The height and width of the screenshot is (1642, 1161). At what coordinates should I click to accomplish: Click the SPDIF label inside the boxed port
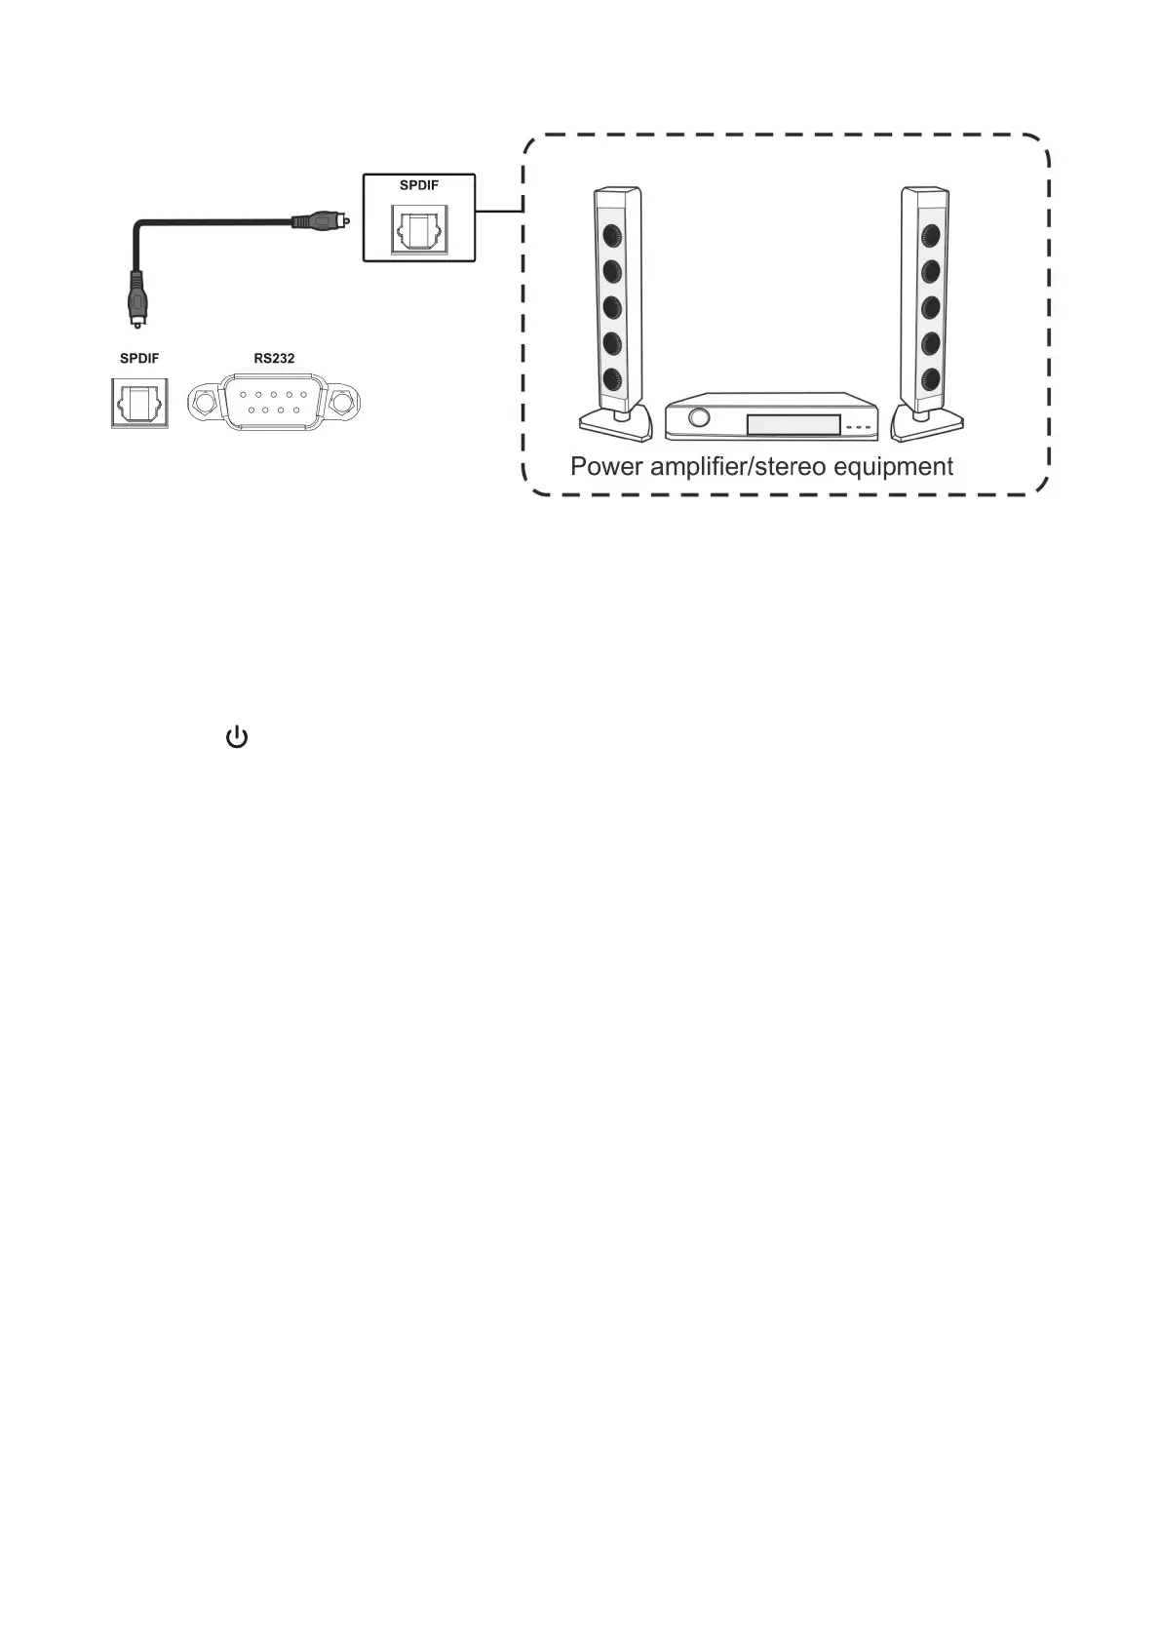point(419,185)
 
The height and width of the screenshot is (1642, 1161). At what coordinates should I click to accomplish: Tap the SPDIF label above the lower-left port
point(139,359)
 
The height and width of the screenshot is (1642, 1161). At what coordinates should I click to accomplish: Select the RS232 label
point(274,359)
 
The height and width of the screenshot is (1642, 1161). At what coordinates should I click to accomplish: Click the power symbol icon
point(237,737)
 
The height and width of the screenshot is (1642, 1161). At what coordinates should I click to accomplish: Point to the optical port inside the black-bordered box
point(419,230)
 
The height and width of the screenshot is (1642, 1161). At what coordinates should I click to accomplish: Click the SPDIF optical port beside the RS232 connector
point(139,403)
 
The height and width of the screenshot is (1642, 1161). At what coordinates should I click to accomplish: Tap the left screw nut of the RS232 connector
point(205,402)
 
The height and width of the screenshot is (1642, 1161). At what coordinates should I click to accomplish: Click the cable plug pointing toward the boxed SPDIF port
point(319,221)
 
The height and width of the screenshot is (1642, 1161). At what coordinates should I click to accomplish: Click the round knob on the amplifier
point(698,417)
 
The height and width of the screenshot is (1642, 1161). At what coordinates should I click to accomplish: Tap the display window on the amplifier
point(793,424)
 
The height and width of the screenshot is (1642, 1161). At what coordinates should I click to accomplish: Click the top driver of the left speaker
point(612,235)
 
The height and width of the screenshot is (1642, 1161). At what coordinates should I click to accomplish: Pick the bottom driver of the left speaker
point(612,379)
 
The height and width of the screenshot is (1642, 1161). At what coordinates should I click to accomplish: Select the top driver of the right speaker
point(930,235)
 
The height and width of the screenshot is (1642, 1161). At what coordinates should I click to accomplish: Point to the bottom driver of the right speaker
point(930,378)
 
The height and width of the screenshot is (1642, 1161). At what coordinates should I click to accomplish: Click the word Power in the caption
point(606,467)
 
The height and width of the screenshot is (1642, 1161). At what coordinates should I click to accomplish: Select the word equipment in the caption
point(893,467)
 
